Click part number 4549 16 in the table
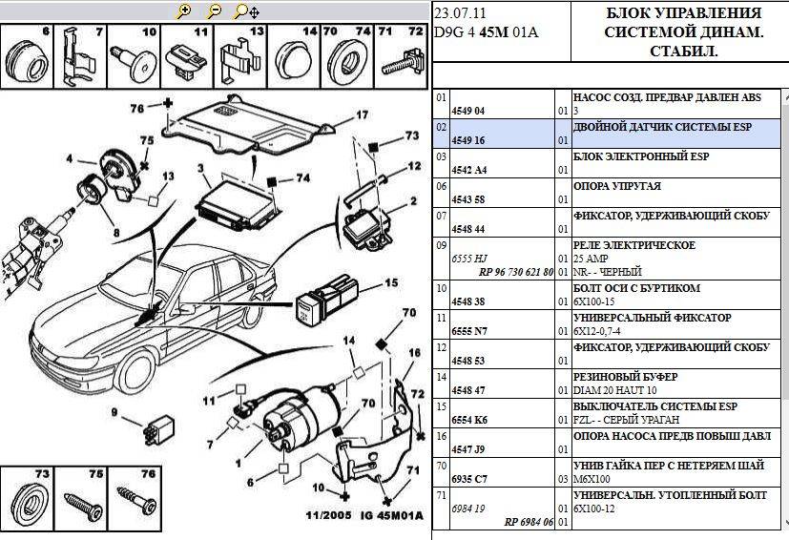467,141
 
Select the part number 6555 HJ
467,259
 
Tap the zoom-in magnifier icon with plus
185,11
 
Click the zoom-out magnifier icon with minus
215,11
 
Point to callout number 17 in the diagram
362,115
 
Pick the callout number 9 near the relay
114,412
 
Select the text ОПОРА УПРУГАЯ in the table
616,186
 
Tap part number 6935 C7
467,479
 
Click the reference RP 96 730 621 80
516,272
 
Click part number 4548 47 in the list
467,390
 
